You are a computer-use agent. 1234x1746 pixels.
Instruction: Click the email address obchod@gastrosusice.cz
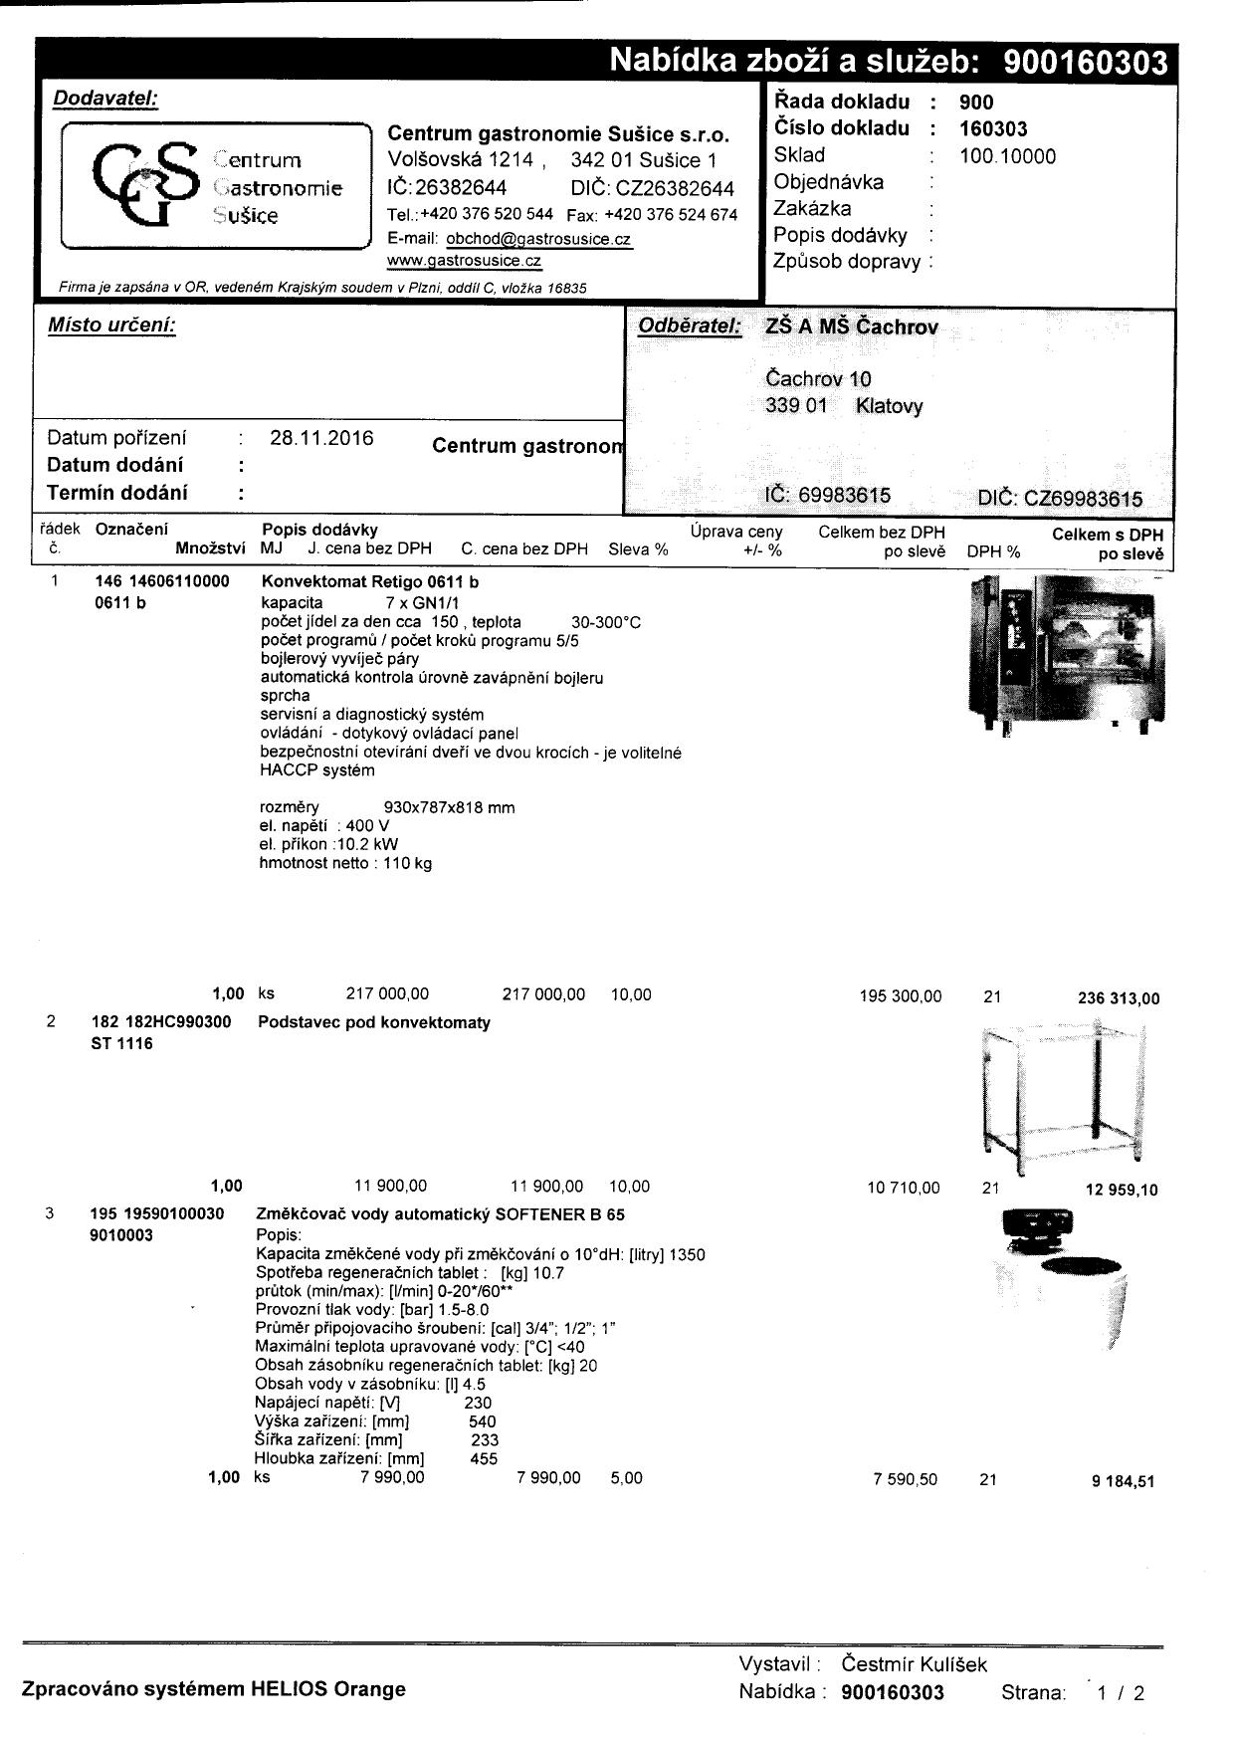(538, 239)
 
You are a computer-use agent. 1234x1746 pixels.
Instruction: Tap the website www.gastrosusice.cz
(464, 261)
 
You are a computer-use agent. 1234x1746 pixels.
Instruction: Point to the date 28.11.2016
(321, 438)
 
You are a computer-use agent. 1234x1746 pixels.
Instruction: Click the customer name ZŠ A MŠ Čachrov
(852, 327)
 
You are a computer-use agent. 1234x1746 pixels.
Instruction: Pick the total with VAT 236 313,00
(1119, 998)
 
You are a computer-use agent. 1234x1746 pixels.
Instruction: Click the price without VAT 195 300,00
(900, 995)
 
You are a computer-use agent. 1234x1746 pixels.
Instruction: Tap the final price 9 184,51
(1123, 1481)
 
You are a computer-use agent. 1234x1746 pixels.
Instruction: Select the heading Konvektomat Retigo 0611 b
(369, 581)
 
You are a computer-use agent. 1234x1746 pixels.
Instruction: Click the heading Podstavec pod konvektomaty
(374, 1022)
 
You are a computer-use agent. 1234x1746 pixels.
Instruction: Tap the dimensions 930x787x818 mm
(449, 807)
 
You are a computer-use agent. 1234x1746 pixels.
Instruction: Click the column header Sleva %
(638, 549)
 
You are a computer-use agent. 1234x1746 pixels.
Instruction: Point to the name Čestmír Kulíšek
(914, 1664)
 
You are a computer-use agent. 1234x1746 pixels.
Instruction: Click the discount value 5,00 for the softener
(626, 1478)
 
